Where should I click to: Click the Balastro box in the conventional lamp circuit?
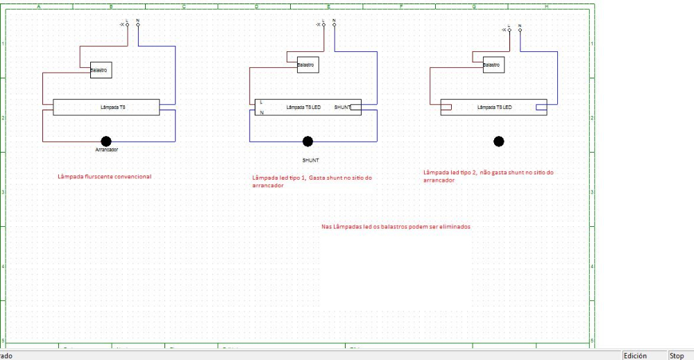101,69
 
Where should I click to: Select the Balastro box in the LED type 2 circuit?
493,65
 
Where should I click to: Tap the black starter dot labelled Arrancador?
105,142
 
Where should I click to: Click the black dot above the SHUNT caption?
307,142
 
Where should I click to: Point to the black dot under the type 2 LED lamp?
498,142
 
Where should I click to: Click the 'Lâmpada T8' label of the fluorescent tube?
113,108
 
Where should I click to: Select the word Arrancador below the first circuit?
106,150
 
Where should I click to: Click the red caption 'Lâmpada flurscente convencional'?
104,177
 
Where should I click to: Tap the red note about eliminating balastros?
396,227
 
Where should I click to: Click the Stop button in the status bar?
677,356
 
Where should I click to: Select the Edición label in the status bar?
635,356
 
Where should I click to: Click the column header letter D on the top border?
256,6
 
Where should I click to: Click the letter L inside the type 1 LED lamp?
262,102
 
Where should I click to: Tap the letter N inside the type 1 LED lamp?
262,112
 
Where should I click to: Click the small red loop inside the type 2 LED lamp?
447,107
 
